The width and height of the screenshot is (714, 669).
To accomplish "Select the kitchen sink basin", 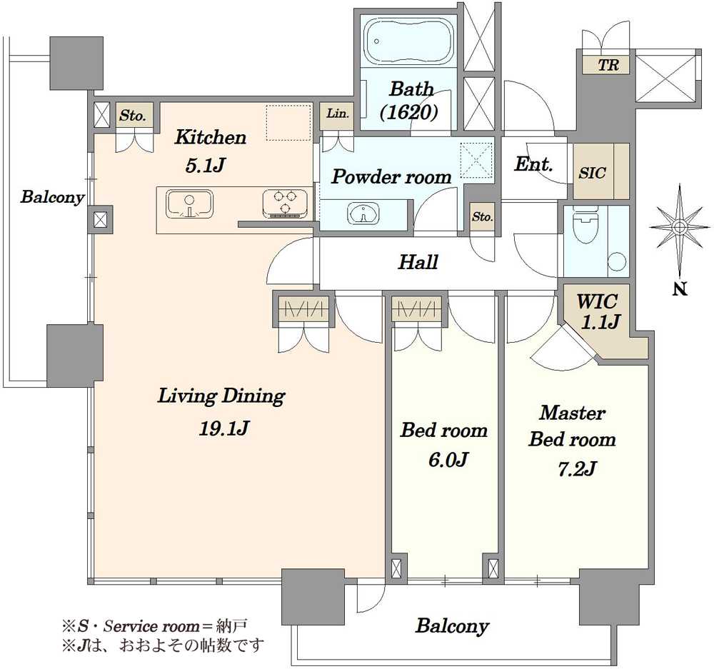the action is pyautogui.click(x=189, y=203).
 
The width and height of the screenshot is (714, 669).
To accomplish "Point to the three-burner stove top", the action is pyautogui.click(x=286, y=203).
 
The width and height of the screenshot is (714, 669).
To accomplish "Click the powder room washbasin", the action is pyautogui.click(x=363, y=213).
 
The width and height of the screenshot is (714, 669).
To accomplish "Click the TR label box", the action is pyautogui.click(x=608, y=65).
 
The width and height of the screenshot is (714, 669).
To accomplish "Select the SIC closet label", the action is pyautogui.click(x=592, y=173).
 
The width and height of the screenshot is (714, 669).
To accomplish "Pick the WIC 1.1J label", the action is pyautogui.click(x=598, y=312).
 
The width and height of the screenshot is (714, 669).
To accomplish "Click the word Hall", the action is pyautogui.click(x=418, y=262).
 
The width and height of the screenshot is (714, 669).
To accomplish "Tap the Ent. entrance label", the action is pyautogui.click(x=533, y=164).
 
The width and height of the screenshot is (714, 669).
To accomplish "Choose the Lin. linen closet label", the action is pyautogui.click(x=338, y=113).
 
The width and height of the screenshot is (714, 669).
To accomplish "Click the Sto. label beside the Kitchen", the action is pyautogui.click(x=133, y=116).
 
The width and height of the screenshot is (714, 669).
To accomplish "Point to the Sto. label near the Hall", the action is pyautogui.click(x=482, y=216).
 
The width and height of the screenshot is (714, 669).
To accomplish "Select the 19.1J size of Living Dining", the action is pyautogui.click(x=224, y=428).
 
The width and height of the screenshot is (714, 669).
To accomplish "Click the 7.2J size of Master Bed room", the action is pyautogui.click(x=576, y=468).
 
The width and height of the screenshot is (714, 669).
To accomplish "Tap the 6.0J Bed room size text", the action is pyautogui.click(x=448, y=460).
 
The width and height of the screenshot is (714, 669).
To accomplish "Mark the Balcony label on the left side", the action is pyautogui.click(x=52, y=198).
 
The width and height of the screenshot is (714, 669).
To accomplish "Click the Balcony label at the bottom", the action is pyautogui.click(x=452, y=626).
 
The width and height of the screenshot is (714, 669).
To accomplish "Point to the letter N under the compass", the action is pyautogui.click(x=680, y=288).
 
